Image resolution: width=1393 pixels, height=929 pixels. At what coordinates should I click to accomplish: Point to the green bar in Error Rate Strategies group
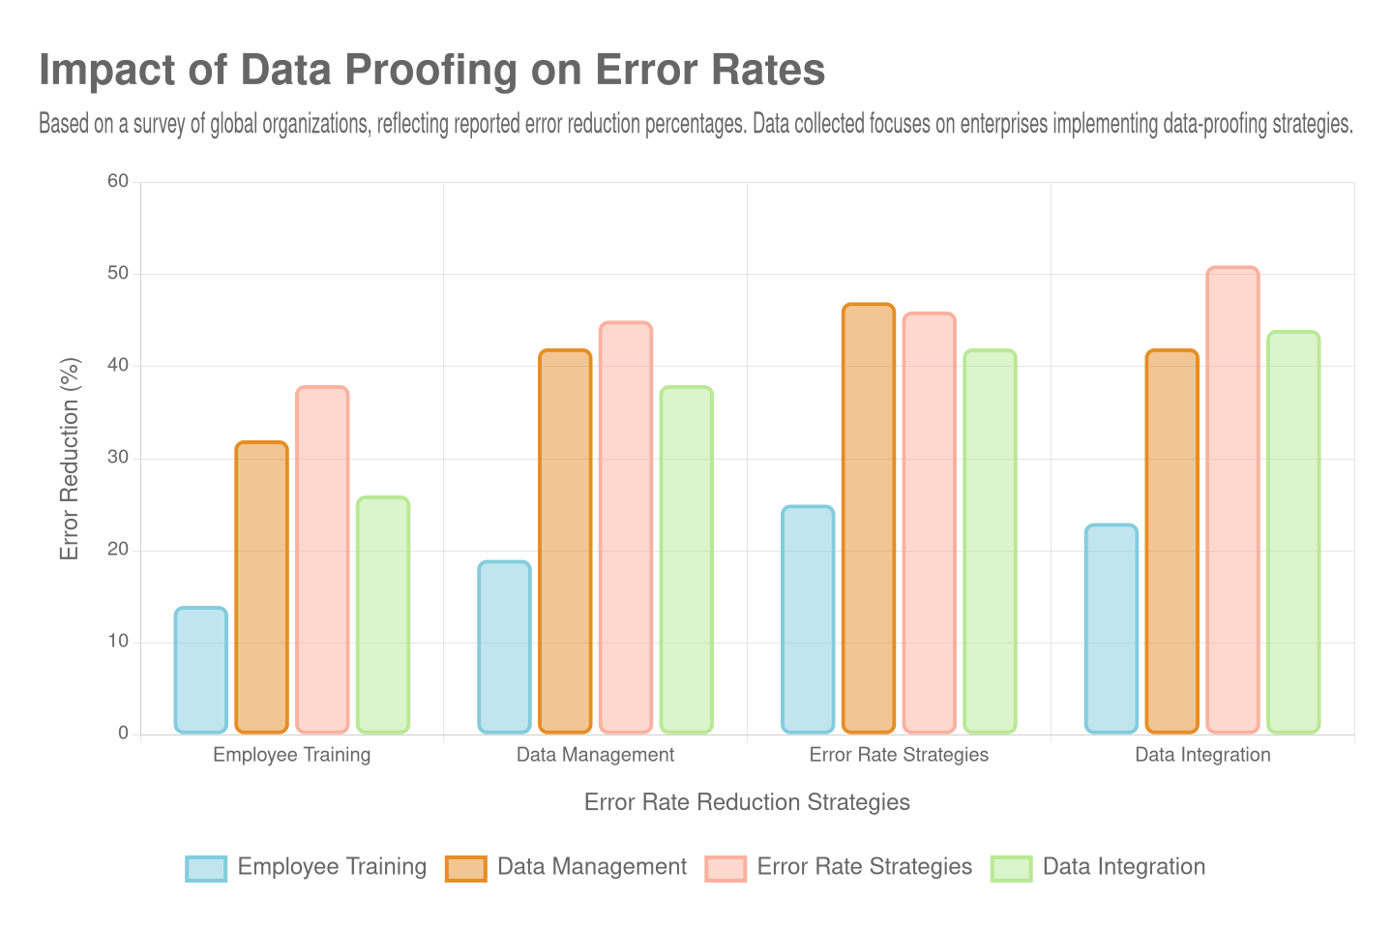pyautogui.click(x=990, y=541)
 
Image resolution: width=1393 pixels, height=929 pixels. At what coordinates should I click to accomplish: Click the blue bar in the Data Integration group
pyautogui.click(x=1111, y=628)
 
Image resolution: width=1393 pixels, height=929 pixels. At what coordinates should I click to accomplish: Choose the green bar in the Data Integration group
pyautogui.click(x=1293, y=531)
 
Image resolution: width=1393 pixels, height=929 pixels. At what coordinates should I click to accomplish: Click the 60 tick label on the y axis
pyautogui.click(x=118, y=181)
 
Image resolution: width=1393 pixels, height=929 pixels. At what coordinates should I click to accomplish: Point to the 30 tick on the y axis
pyautogui.click(x=118, y=457)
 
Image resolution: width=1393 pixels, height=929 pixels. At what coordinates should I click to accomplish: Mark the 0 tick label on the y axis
pyautogui.click(x=123, y=733)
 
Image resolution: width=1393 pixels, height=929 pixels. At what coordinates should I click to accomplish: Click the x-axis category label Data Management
pyautogui.click(x=595, y=755)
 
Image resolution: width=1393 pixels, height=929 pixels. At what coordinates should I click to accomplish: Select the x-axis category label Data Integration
pyautogui.click(x=1202, y=755)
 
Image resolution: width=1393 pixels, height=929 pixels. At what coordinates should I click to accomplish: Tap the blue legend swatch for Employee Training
pyautogui.click(x=206, y=868)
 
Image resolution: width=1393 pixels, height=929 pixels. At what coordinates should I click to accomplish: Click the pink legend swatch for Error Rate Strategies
pyautogui.click(x=726, y=868)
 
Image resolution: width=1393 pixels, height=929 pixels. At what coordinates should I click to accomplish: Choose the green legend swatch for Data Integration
pyautogui.click(x=1011, y=868)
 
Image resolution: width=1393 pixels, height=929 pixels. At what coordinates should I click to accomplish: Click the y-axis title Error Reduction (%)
pyautogui.click(x=69, y=459)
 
